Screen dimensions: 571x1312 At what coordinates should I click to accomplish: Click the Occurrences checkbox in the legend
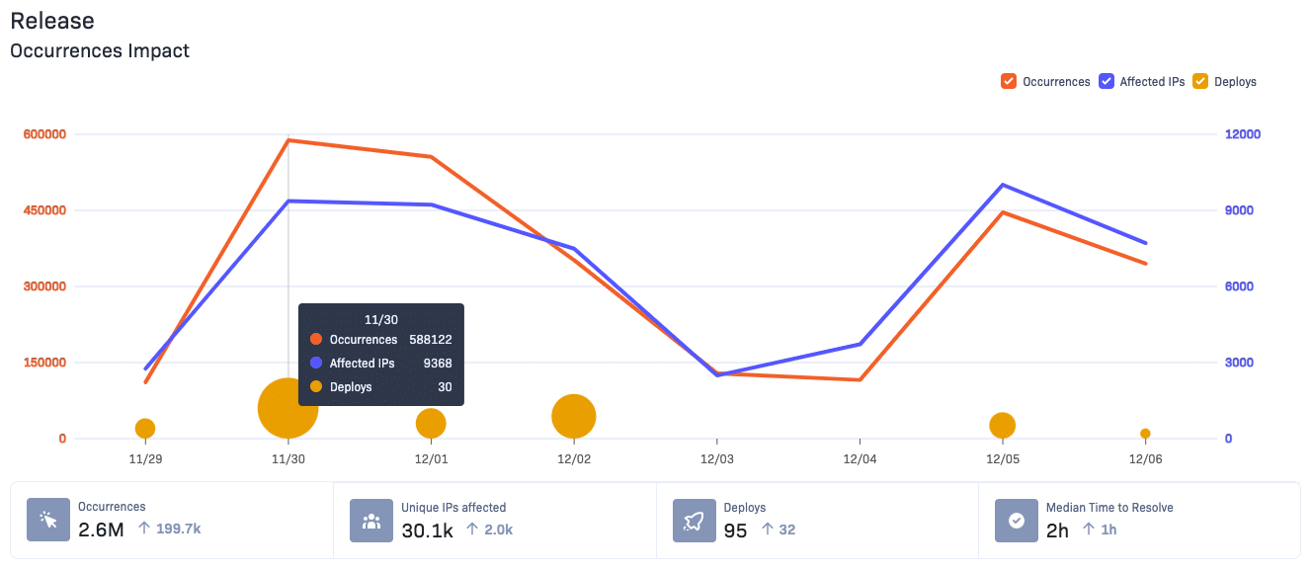[x=1009, y=82]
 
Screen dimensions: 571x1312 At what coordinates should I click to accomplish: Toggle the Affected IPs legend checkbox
[x=1106, y=82]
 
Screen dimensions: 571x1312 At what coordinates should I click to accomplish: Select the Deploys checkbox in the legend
[x=1200, y=82]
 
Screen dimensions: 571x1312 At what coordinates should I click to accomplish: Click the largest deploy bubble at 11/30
[x=287, y=408]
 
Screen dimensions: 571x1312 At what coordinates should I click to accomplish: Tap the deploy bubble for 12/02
[x=574, y=416]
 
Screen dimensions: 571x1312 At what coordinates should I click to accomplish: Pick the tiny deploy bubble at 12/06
[x=1145, y=434]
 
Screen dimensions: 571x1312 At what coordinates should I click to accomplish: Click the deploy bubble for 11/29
[x=145, y=428]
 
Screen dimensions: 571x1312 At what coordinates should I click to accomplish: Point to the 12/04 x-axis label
[x=860, y=460]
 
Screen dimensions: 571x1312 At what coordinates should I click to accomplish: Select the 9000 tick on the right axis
[x=1239, y=210]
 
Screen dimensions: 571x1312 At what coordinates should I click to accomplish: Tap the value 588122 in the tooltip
[x=431, y=340]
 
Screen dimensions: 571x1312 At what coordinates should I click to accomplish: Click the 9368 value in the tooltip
[x=438, y=364]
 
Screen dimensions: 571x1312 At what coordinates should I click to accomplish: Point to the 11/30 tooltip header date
[x=380, y=320]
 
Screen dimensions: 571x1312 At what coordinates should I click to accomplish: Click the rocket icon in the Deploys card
[x=695, y=521]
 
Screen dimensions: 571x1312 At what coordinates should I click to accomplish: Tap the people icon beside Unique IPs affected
[x=371, y=521]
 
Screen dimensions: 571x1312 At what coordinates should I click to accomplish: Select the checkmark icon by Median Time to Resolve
[x=1017, y=521]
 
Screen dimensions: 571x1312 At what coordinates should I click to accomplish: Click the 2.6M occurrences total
[x=102, y=530]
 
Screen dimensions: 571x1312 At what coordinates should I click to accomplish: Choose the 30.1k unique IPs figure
[x=427, y=530]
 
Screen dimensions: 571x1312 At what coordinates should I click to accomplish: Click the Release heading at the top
[x=52, y=21]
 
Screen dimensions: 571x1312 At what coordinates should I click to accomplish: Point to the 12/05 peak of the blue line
[x=1003, y=185]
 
